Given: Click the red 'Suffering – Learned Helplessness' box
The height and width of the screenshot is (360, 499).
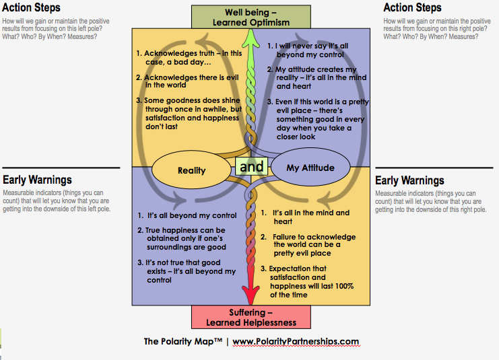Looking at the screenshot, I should coord(250,317).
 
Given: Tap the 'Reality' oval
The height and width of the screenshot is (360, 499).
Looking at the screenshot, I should coord(191,170).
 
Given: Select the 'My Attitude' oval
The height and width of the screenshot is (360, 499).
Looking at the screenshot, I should coord(310,168).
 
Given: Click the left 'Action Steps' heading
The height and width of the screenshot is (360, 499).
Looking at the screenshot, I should coord(32,8).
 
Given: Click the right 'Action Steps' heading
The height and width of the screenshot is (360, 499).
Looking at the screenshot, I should coord(412,8).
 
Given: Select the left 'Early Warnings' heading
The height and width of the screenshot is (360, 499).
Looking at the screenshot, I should coord(37,180).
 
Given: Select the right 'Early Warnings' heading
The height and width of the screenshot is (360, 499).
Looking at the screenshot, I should coord(409,180).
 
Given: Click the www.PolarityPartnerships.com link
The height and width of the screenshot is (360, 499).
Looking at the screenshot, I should coord(296,341).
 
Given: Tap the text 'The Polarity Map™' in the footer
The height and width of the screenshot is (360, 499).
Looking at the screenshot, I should coord(185,341).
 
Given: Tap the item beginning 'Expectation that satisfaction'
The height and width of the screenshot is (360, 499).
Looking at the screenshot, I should coord(310,281).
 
